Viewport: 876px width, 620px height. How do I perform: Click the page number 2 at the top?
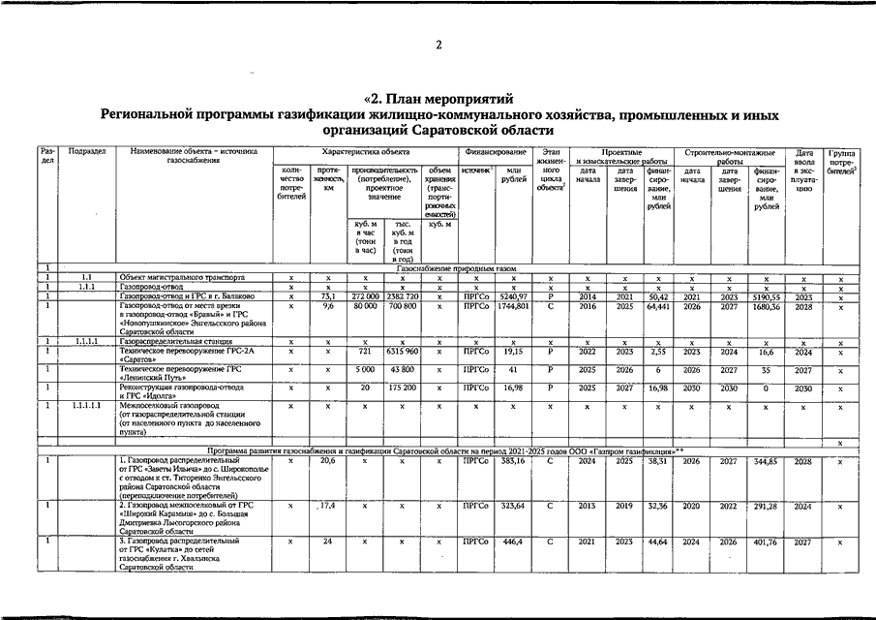pos(438,46)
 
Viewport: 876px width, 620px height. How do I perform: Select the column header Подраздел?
pos(87,153)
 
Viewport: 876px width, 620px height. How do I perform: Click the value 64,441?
pos(658,305)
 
